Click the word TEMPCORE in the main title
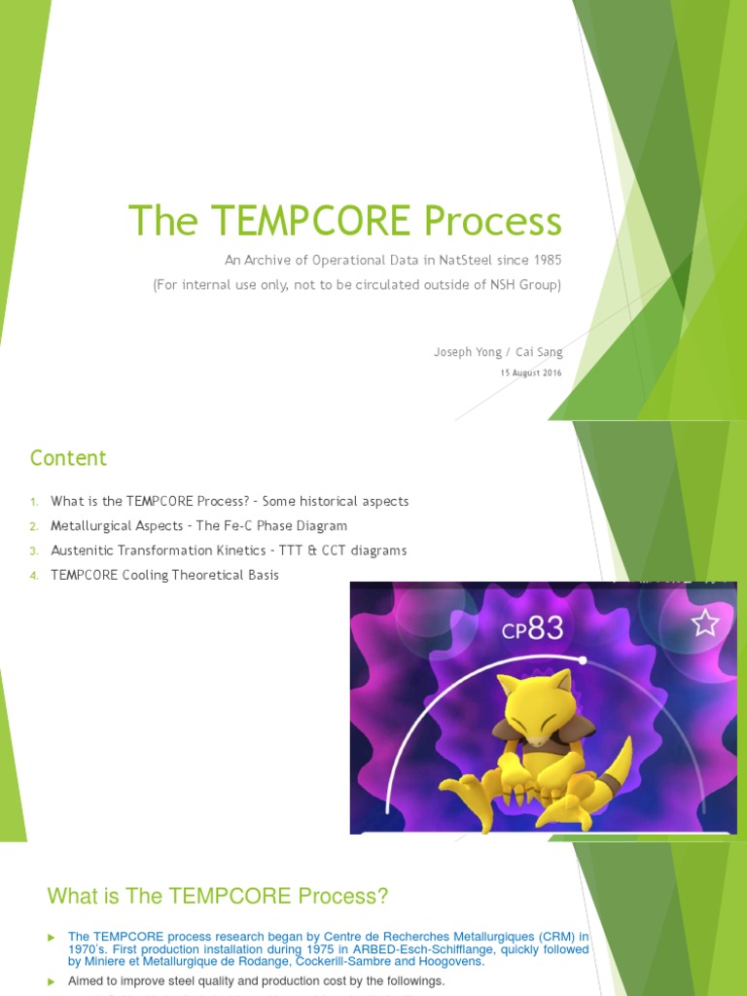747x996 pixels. [x=293, y=222]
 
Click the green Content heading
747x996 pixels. [x=68, y=458]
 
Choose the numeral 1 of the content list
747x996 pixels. [x=33, y=502]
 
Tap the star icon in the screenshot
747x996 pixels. [x=704, y=622]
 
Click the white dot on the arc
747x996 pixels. [x=582, y=659]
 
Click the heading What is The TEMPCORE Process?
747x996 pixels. [x=218, y=895]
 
